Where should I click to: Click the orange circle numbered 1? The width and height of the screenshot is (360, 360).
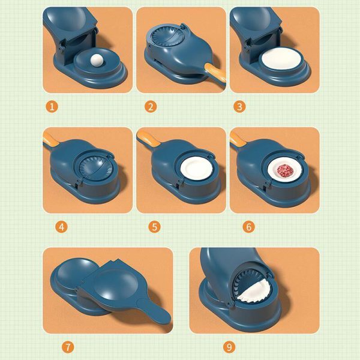[52, 107]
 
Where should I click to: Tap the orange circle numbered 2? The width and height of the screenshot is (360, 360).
[146, 107]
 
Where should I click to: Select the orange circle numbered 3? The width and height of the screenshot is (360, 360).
[239, 107]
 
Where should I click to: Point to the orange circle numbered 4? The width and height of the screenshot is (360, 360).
[61, 227]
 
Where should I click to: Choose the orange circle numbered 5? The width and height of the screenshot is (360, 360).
[155, 227]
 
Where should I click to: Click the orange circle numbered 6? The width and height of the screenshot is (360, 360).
[248, 227]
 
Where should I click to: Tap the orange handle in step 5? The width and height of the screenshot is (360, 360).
[147, 139]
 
